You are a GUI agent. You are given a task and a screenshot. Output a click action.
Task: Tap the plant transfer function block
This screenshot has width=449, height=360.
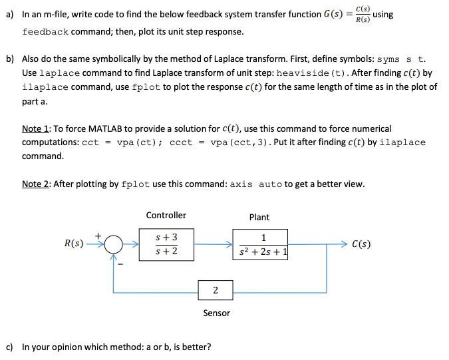coord(260,244)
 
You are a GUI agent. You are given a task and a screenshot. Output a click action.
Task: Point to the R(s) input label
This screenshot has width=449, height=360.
coord(75,244)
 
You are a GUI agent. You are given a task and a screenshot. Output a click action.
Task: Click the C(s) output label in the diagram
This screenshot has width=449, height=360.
coord(361,244)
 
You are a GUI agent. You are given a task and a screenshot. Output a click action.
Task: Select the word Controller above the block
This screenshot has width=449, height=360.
coord(166,215)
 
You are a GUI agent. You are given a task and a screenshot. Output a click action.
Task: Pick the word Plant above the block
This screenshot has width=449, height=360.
coord(259,217)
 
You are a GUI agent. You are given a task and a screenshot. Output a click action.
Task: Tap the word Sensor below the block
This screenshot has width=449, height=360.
coord(216,313)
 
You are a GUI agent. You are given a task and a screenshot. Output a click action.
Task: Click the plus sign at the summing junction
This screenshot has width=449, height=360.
coord(98,234)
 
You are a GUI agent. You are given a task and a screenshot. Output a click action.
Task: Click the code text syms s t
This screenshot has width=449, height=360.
coord(401,59)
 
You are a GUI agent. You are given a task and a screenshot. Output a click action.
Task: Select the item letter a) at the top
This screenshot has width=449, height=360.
coord(9,15)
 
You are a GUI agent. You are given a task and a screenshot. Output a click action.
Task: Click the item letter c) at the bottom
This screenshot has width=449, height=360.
coord(9,347)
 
